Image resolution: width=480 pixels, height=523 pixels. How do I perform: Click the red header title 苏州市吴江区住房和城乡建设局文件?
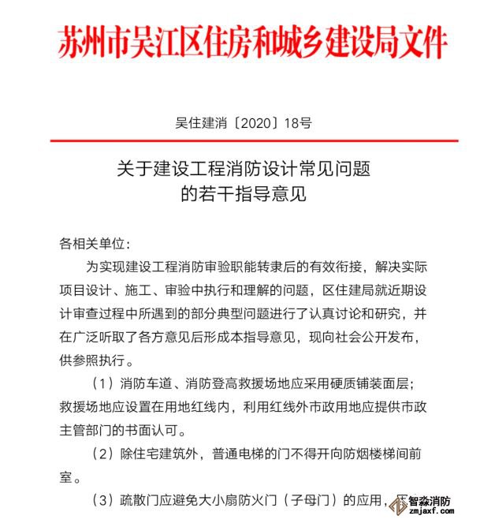point(252,42)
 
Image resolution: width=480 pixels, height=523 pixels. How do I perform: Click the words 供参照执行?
point(91,362)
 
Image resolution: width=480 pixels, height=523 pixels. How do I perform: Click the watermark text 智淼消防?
point(430,502)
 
